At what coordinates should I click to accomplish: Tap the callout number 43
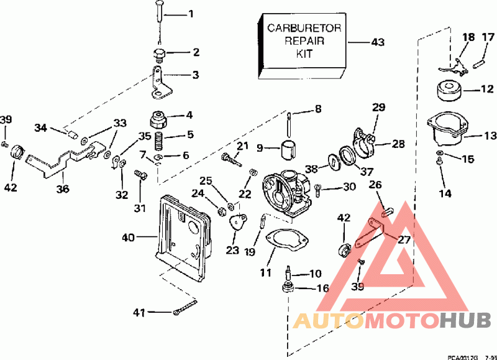click(378, 42)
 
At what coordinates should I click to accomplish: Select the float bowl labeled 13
click(446, 131)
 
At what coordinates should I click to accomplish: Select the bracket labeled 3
click(160, 84)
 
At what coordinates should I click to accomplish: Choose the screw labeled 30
click(317, 187)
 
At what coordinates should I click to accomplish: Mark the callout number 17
click(488, 37)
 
